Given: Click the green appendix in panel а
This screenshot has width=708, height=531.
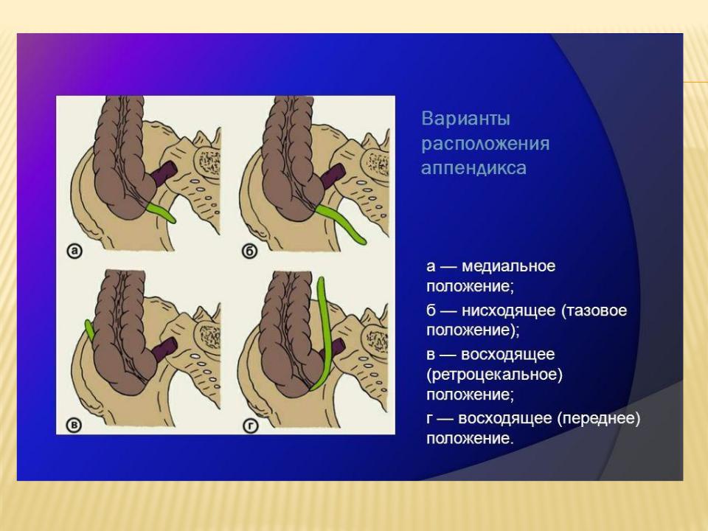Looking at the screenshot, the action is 162,212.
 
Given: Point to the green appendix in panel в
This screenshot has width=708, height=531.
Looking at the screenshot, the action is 90,330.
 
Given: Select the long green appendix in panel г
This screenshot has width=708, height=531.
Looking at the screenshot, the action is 322,334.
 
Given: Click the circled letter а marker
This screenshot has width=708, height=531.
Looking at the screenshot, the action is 74,251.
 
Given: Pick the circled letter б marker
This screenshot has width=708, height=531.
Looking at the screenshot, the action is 249,251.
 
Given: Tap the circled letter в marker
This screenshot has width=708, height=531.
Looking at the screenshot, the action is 74,426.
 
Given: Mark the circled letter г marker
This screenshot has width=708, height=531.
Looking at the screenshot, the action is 249,426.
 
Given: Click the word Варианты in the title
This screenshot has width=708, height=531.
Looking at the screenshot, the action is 465,119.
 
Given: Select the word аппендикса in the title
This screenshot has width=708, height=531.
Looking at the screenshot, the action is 473,168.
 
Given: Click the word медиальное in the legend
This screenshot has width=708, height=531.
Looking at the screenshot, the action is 508,266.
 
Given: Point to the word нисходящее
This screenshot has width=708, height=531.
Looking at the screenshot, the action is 508,310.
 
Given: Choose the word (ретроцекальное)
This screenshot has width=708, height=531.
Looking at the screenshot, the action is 494,375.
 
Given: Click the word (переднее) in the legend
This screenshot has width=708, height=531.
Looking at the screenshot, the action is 598,419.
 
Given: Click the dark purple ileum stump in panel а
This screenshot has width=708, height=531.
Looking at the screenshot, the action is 163,172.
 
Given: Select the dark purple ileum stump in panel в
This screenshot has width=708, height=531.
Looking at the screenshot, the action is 163,348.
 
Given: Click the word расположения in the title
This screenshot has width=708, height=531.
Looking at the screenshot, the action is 485,144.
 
